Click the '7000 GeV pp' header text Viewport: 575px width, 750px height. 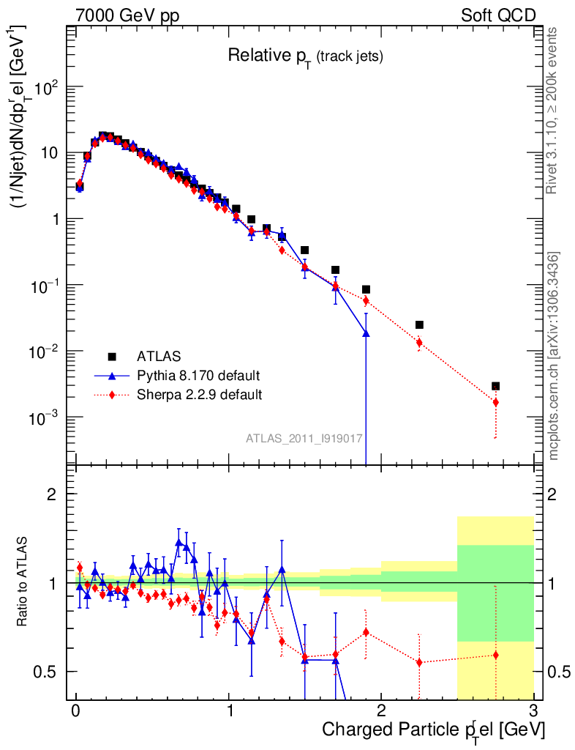pos(127,15)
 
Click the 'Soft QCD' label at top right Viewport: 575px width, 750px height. pos(498,15)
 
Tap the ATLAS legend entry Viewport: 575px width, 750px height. pos(157,357)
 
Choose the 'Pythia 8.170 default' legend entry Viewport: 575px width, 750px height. pos(198,376)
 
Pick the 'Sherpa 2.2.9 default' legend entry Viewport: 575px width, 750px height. pos(200,395)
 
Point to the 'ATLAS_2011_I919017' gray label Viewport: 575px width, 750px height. pos(304,438)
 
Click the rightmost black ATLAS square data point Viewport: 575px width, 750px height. pos(495,386)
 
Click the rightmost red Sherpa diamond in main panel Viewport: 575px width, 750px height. pos(495,402)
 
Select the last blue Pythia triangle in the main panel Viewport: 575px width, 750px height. pos(366,333)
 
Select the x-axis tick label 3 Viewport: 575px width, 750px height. pos(533,710)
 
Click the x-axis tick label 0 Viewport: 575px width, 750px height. pos(76,710)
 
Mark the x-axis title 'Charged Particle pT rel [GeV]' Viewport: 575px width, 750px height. pos(433,729)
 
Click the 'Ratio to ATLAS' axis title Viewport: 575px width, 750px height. pos(23,582)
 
